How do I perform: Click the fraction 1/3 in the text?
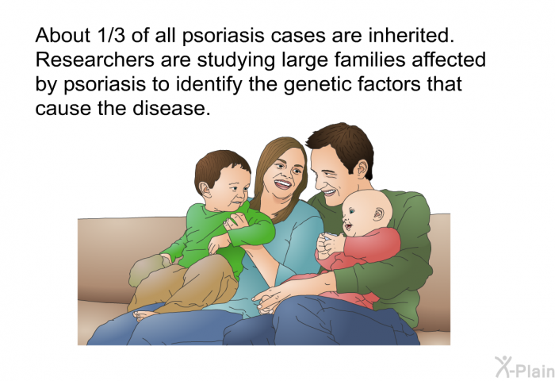point(110,36)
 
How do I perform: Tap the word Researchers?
point(95,60)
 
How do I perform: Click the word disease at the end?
point(172,108)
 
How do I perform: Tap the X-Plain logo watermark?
point(525,368)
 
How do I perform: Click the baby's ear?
point(379,214)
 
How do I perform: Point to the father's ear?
point(362,169)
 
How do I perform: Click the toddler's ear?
point(205,190)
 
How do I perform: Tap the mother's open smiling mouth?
point(283,184)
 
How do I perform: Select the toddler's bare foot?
point(145,315)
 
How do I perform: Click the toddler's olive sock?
point(146,269)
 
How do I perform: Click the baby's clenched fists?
point(329,244)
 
